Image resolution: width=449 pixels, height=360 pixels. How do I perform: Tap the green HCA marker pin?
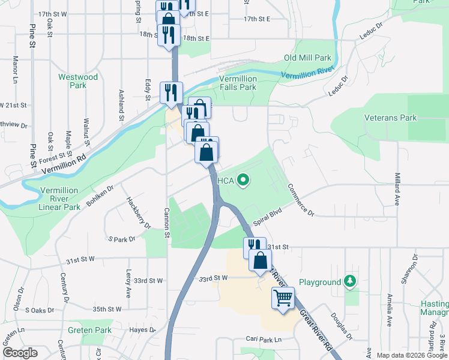coord(243,179)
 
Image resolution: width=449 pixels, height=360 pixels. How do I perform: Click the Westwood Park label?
coord(78,81)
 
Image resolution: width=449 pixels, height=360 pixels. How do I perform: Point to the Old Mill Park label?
coord(307,58)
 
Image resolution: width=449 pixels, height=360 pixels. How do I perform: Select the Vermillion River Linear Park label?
coord(59,199)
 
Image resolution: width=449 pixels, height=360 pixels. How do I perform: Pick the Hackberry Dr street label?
coord(138,212)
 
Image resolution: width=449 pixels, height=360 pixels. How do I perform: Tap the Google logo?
coord(20,353)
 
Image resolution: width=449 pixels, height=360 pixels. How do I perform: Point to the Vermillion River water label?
coord(307,74)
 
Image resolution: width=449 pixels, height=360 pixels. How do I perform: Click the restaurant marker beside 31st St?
coord(253,247)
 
